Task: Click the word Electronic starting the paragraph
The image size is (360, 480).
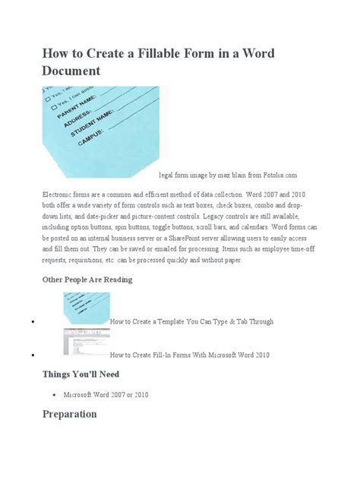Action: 64,194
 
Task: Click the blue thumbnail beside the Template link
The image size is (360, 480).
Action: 85,309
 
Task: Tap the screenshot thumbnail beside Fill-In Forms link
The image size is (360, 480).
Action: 85,343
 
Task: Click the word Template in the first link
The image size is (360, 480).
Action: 171,322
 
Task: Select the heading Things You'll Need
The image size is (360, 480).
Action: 82,374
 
